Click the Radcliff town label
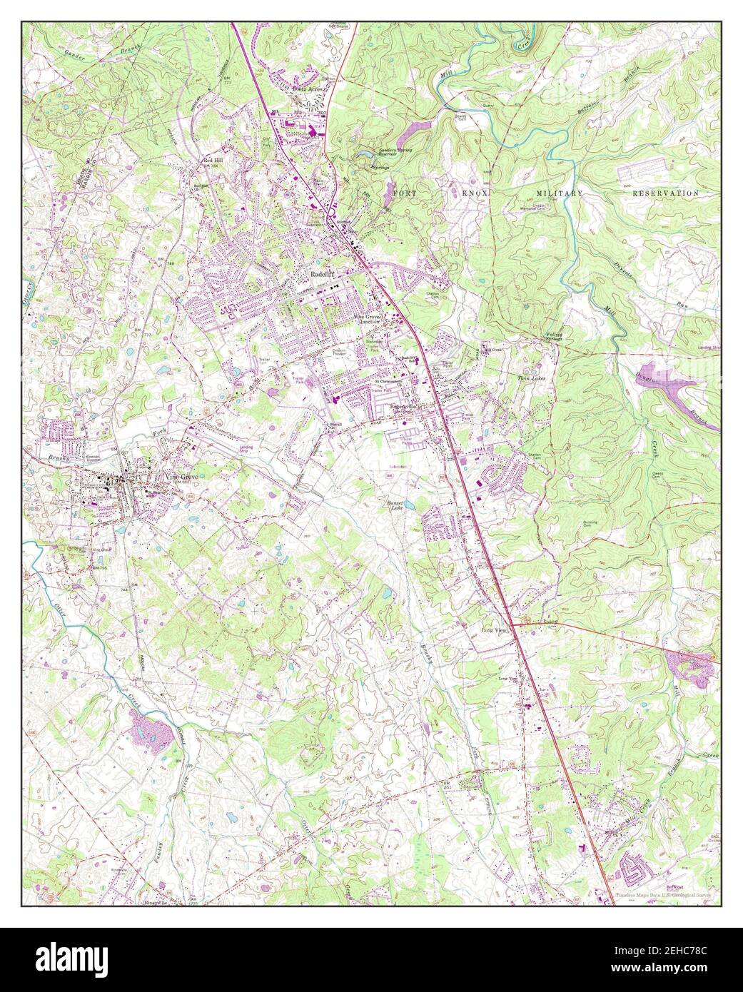click(322, 273)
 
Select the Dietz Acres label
click(307, 88)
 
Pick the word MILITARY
click(560, 193)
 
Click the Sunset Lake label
click(398, 505)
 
